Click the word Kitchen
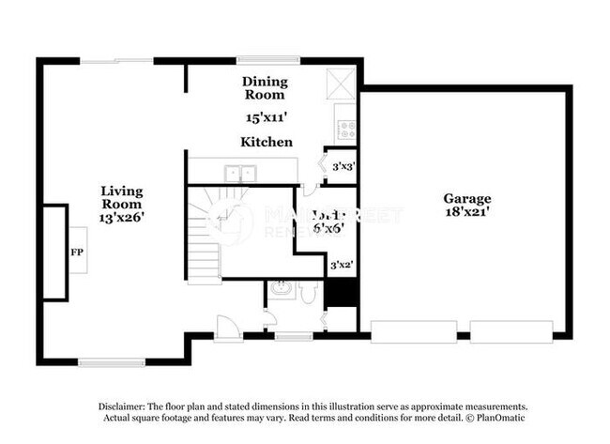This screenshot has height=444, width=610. click(x=267, y=142)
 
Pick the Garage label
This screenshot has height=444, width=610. click(x=467, y=199)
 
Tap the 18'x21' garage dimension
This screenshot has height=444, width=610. click(x=467, y=214)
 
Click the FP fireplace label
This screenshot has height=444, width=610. click(x=77, y=253)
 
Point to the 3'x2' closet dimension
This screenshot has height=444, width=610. click(x=342, y=266)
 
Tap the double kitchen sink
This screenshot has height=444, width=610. click(x=241, y=172)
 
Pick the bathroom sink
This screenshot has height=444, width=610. click(x=280, y=291)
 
